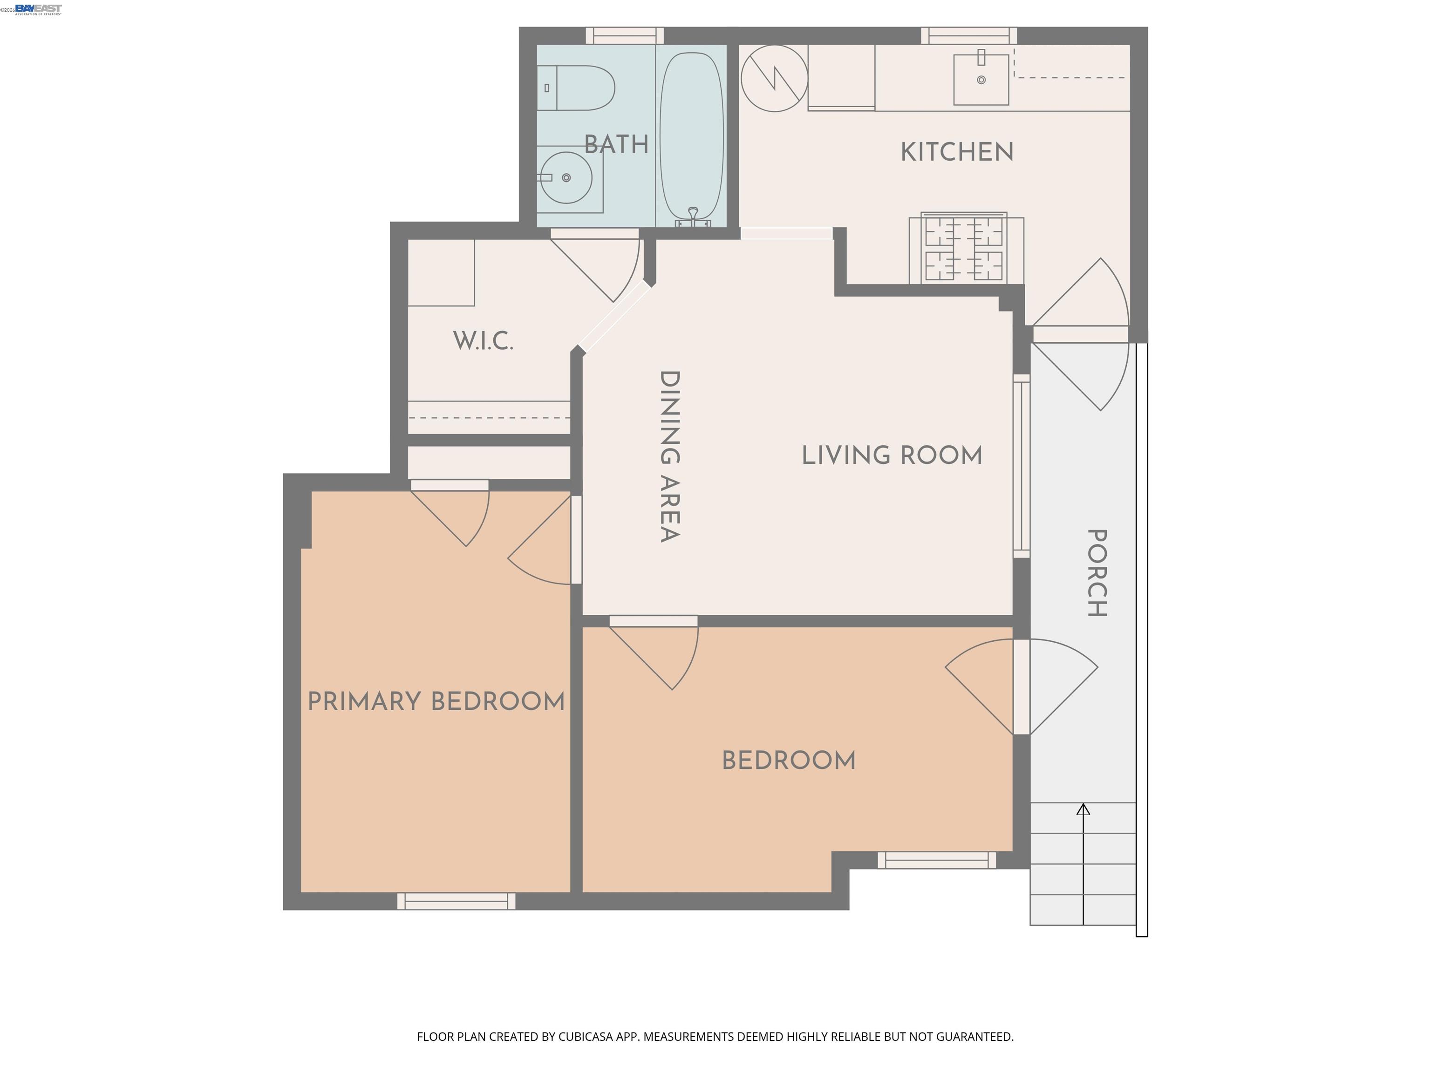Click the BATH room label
[616, 144]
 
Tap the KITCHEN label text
[957, 152]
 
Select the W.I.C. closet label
[483, 341]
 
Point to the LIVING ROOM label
[892, 455]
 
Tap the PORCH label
[1097, 573]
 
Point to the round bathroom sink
[566, 178]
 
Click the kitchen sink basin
[981, 80]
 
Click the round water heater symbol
[774, 78]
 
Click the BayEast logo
[38, 8]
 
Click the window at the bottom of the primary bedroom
[456, 901]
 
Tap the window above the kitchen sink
[968, 35]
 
